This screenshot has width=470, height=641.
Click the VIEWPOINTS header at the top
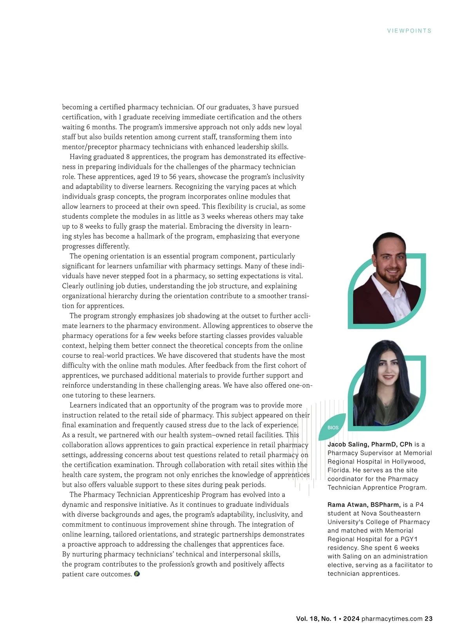coord(409,31)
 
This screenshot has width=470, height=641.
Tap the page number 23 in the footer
coord(428,619)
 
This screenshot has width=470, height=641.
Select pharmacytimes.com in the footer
coord(392,619)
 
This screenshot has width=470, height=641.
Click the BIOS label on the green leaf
coord(333,428)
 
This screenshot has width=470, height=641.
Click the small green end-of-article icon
coord(137,574)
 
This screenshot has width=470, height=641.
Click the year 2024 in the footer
coord(351,619)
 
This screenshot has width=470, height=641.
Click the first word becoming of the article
coord(77,107)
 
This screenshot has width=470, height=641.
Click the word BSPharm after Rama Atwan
coord(385,505)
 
